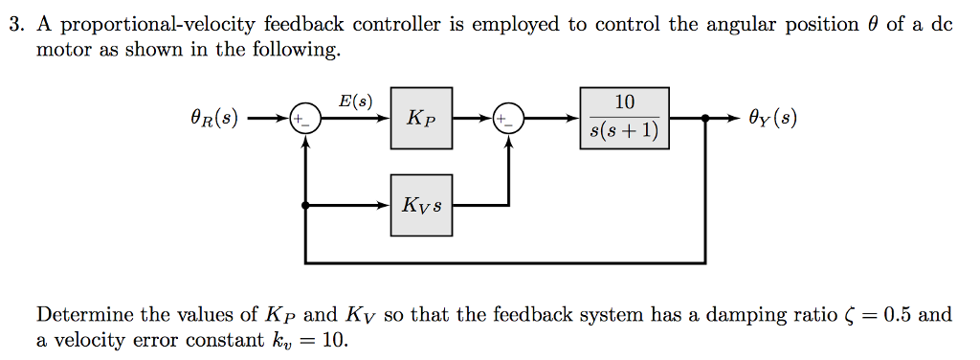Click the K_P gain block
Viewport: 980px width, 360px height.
[x=421, y=119]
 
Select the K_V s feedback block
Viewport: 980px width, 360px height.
[x=421, y=205]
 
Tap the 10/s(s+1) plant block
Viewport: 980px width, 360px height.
[x=624, y=119]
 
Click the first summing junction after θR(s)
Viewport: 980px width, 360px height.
[x=304, y=120]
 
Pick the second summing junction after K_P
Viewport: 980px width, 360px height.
[x=508, y=120]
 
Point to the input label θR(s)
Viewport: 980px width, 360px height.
[x=215, y=120]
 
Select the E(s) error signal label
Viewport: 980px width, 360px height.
[x=356, y=100]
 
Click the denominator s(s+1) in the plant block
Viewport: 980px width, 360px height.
[x=624, y=132]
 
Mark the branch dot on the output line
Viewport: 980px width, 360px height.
[x=706, y=120]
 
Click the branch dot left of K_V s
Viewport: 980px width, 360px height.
[x=304, y=205]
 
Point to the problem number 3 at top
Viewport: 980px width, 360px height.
[x=14, y=26]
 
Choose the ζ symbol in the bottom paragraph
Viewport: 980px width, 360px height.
[x=853, y=316]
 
